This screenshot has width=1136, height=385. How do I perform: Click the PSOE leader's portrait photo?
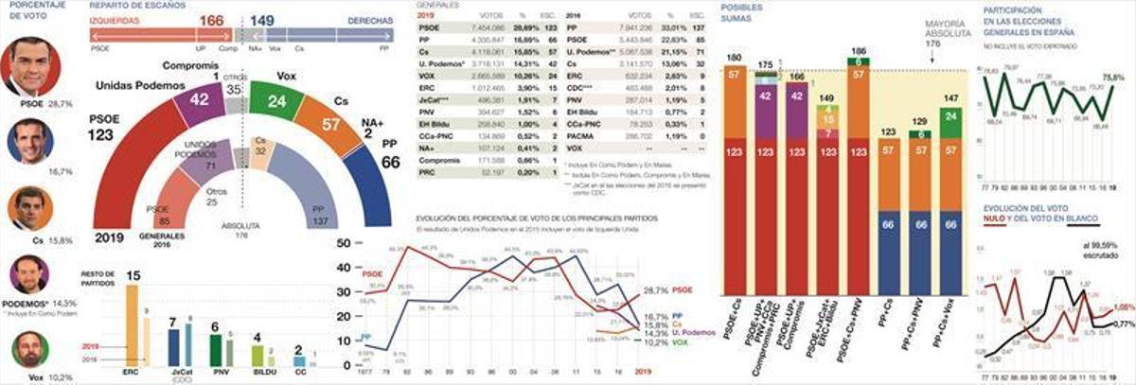35,66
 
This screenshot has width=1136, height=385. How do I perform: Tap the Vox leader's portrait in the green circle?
29,351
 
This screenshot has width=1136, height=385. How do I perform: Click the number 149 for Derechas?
262,20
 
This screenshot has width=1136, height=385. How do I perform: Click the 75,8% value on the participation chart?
1112,77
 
